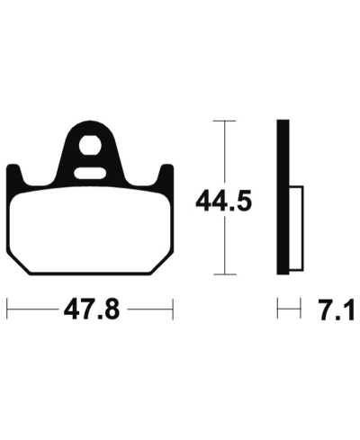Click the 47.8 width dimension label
click(92, 310)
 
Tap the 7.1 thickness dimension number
click(337, 310)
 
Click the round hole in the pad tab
click(89, 146)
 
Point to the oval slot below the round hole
click(90, 174)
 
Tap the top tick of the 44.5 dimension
click(224, 121)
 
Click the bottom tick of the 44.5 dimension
click(224, 274)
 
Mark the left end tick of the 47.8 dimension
click(7, 309)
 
